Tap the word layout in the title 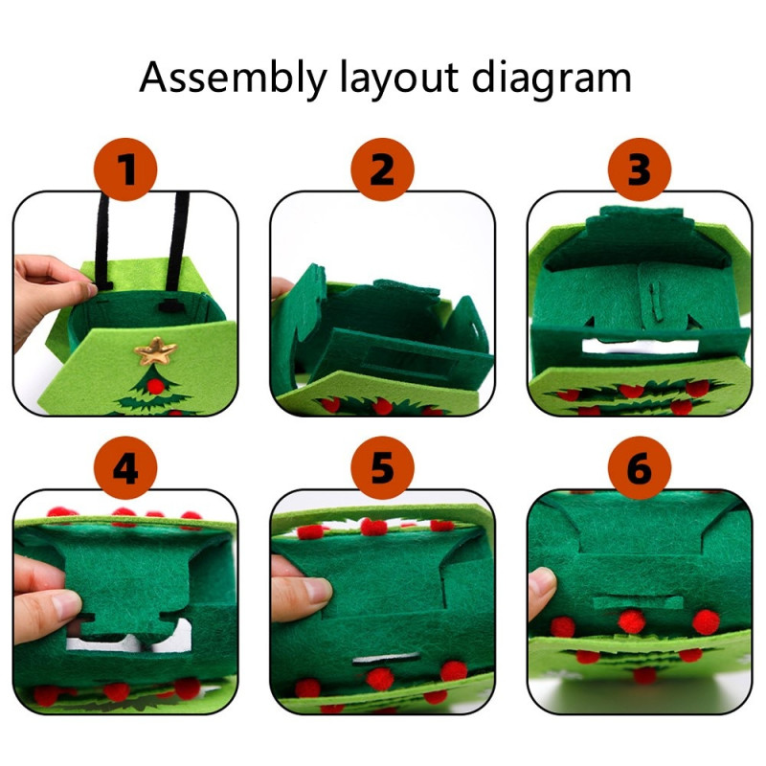pos(413,78)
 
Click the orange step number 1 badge pos(125,169)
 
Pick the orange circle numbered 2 pos(382,169)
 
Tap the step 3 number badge pos(639,169)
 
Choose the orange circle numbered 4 pos(125,468)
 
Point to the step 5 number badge pos(382,468)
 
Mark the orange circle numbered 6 pos(639,468)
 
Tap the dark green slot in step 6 pos(637,603)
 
